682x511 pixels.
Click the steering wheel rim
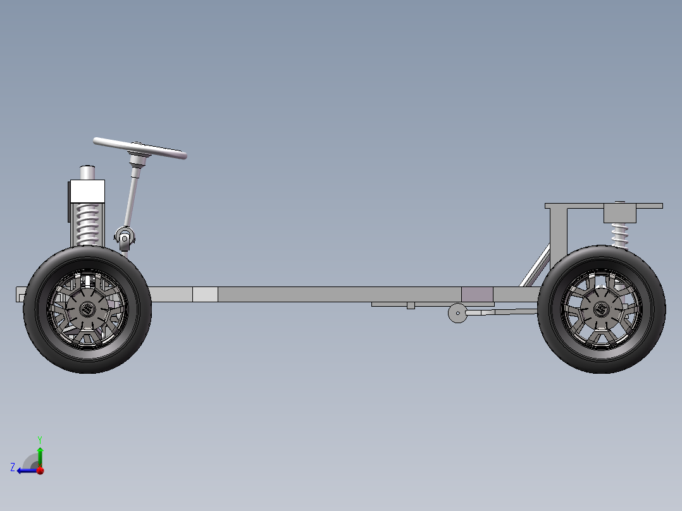tap(140, 148)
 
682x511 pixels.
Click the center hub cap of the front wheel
tap(87, 309)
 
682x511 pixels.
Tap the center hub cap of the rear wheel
tap(602, 309)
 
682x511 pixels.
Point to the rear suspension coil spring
tap(620, 235)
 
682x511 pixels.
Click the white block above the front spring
tap(87, 191)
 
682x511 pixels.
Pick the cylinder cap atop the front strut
tap(87, 173)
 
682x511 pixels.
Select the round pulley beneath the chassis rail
tap(457, 313)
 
